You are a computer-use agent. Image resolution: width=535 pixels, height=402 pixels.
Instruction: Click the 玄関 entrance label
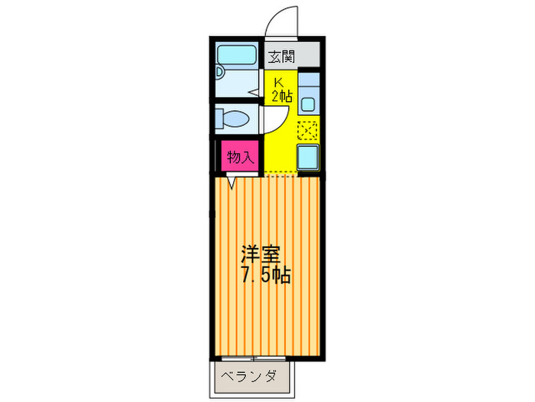click(x=281, y=56)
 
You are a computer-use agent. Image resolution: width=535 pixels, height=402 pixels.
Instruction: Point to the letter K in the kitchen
click(x=279, y=81)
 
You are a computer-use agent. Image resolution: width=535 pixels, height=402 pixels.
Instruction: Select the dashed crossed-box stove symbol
click(x=308, y=131)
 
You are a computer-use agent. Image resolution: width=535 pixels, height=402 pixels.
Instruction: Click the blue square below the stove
click(x=308, y=158)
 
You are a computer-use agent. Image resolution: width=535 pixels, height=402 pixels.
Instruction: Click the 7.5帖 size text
click(x=266, y=275)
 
